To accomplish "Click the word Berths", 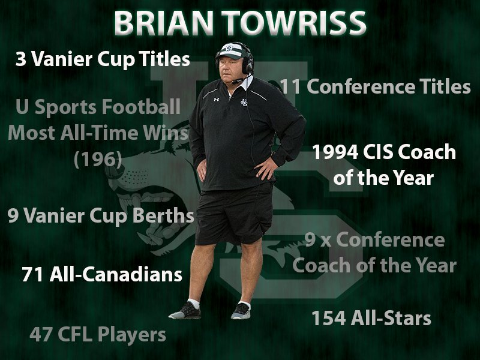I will point(164,216).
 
